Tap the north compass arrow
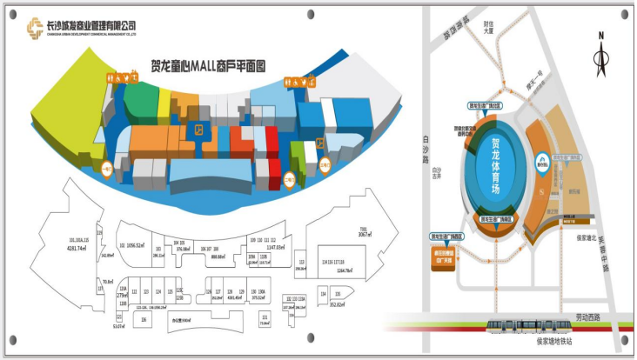point(600,57)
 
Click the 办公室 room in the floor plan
point(182,320)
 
